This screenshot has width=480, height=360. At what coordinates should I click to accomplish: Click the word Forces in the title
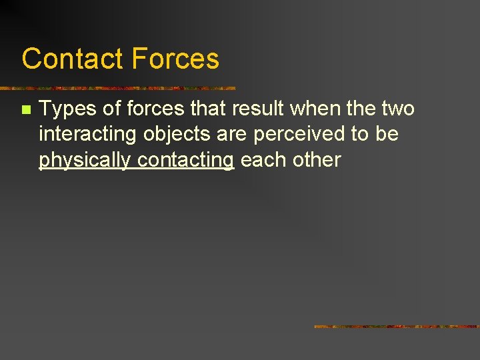(x=175, y=59)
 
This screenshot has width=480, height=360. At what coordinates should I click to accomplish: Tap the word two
(x=398, y=109)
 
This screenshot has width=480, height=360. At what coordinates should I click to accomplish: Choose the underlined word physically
(x=85, y=161)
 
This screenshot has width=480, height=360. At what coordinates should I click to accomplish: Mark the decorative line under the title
(x=120, y=88)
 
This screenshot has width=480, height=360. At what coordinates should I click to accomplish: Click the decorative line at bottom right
(x=397, y=327)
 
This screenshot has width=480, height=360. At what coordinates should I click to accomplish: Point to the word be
(x=387, y=134)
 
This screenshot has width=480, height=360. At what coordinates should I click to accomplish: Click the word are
(x=231, y=135)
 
